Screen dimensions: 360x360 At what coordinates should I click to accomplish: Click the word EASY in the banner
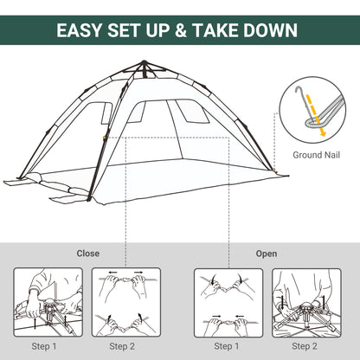pyautogui.click(x=84, y=30)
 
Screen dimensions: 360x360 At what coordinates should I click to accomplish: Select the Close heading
pyautogui.click(x=88, y=254)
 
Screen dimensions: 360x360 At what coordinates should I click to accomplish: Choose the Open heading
pyautogui.click(x=267, y=254)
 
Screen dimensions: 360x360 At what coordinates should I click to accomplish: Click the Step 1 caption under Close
pyautogui.click(x=42, y=346)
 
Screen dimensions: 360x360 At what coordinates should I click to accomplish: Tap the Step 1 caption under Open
pyautogui.click(x=226, y=346)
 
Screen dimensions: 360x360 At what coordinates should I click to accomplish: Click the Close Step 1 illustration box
pyautogui.click(x=42, y=303)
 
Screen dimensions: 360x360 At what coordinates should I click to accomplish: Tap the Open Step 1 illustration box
pyautogui.click(x=226, y=303)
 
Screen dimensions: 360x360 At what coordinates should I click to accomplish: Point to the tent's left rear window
pyautogui.click(x=107, y=112)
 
